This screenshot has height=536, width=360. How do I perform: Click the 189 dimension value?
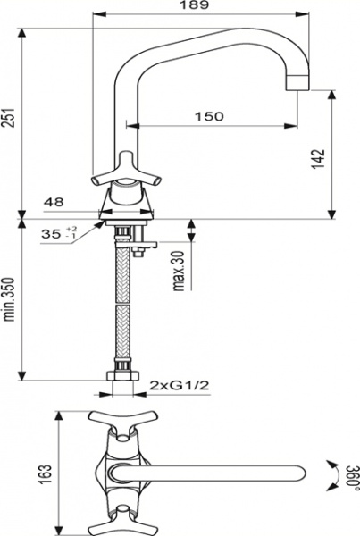[200, 6]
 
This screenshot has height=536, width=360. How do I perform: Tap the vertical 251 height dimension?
[10, 121]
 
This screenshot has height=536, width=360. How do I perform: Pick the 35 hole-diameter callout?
[53, 234]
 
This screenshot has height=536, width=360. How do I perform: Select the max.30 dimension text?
[179, 269]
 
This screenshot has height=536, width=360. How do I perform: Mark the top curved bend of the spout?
[134, 45]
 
